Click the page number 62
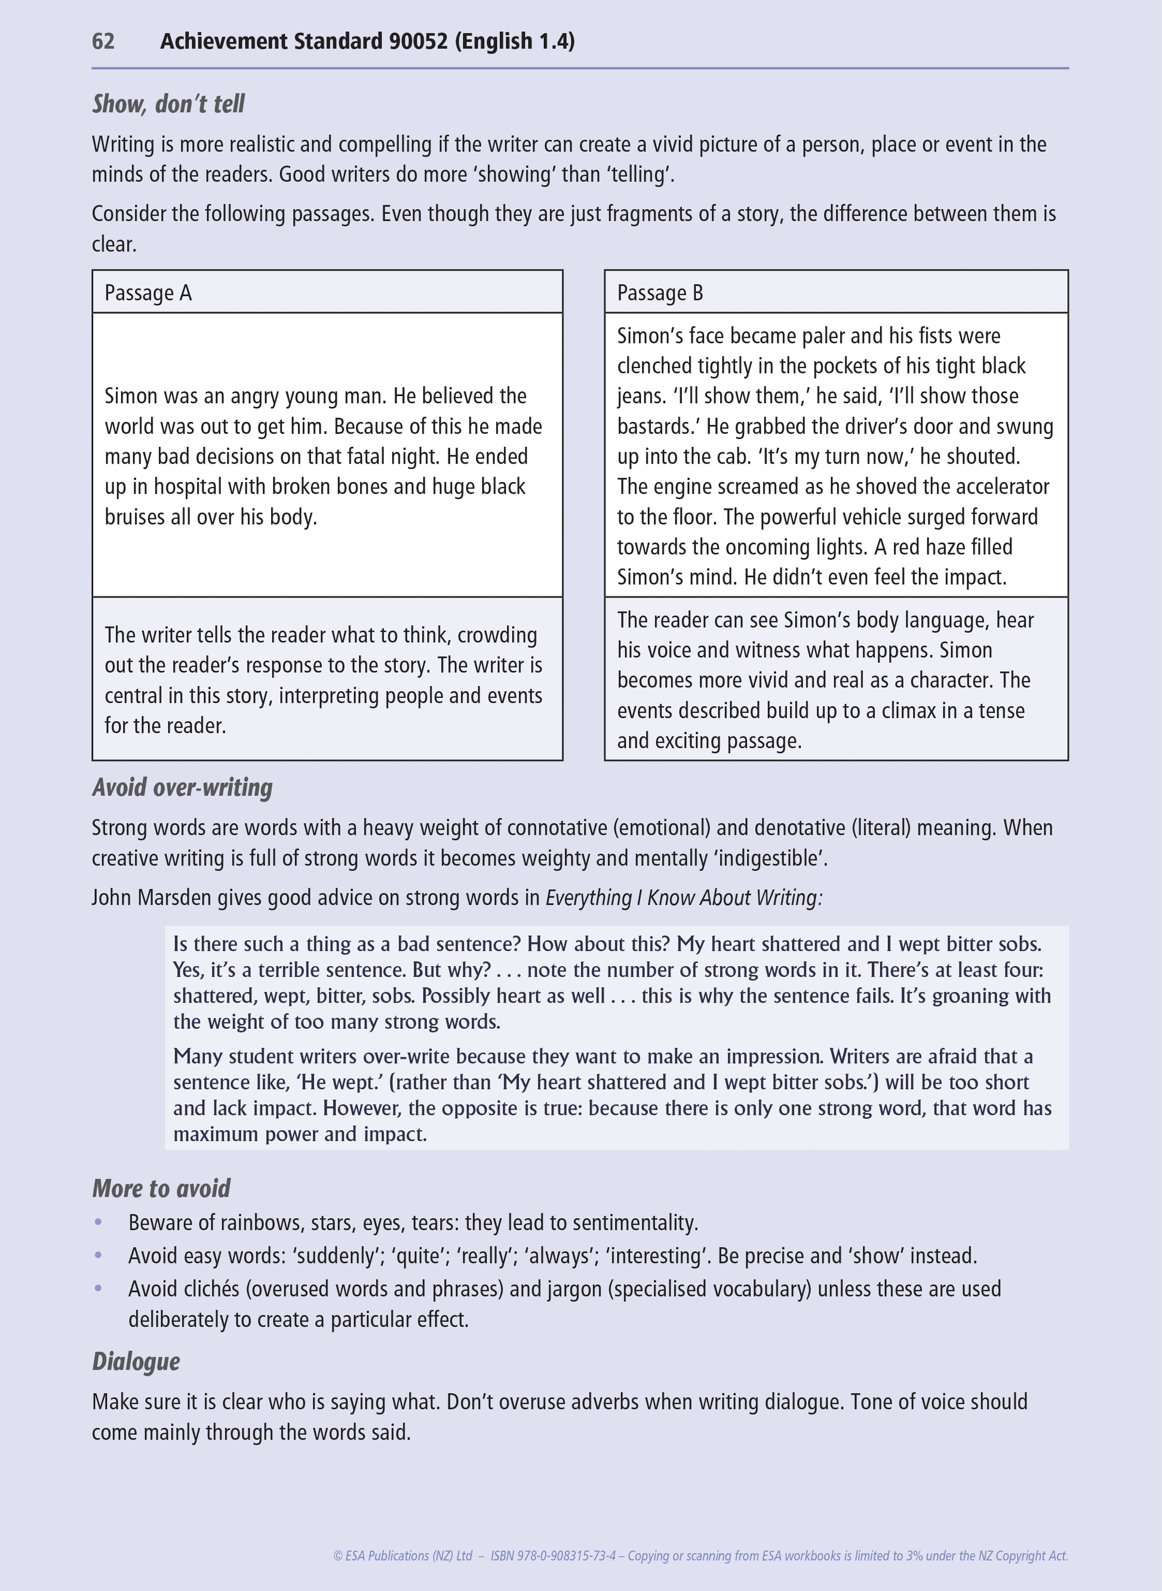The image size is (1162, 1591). [x=103, y=41]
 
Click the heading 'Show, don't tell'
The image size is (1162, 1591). [x=168, y=104]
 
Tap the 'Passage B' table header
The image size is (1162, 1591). [x=660, y=293]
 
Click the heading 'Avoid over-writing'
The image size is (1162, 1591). [x=182, y=787]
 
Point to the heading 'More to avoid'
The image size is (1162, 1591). [x=161, y=1188]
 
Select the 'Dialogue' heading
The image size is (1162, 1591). [x=136, y=1362]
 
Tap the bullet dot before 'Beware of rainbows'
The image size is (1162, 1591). [x=99, y=1222]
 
